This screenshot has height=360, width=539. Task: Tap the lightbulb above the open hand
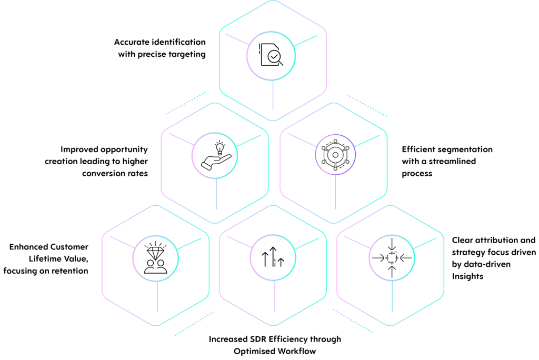click(x=219, y=148)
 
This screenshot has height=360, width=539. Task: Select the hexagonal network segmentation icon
click(x=335, y=155)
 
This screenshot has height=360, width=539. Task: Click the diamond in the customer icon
click(x=156, y=253)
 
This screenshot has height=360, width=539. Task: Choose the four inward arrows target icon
click(x=392, y=257)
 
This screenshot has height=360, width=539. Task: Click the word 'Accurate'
click(x=132, y=42)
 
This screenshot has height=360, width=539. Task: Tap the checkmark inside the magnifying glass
click(x=274, y=56)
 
